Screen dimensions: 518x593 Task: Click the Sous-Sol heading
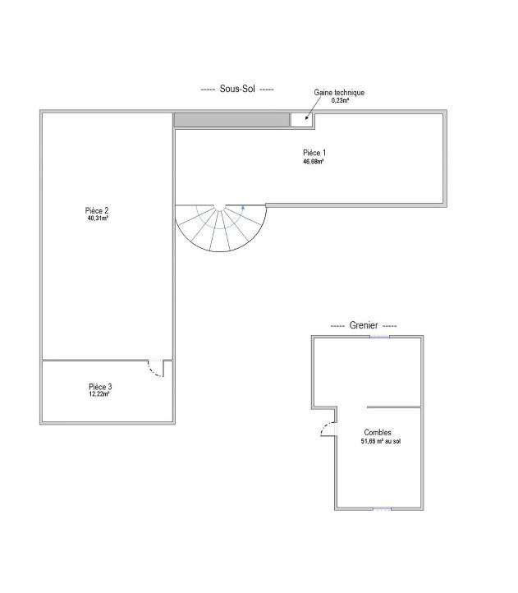pyautogui.click(x=237, y=89)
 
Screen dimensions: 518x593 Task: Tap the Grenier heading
pyautogui.click(x=364, y=325)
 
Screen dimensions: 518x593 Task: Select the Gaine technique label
pyautogui.click(x=339, y=92)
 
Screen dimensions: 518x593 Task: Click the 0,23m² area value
pyautogui.click(x=340, y=100)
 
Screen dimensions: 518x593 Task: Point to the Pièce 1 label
pyautogui.click(x=314, y=153)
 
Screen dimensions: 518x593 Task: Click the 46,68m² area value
pyautogui.click(x=313, y=162)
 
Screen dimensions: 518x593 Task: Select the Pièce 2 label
pyautogui.click(x=97, y=210)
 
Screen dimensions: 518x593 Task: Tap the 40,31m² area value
pyautogui.click(x=98, y=218)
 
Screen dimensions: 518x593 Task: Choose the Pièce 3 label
pyautogui.click(x=100, y=387)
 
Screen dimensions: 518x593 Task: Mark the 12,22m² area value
pyautogui.click(x=99, y=393)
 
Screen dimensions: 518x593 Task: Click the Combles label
pyautogui.click(x=378, y=432)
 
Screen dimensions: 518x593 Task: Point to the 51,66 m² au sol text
pyautogui.click(x=381, y=441)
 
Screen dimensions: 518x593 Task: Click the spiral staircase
pyautogui.click(x=221, y=228)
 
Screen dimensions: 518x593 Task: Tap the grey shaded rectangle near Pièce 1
pyautogui.click(x=231, y=120)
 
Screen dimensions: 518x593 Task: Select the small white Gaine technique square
pyautogui.click(x=301, y=120)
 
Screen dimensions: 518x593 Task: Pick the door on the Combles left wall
pyautogui.click(x=328, y=429)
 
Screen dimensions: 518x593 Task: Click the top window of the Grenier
pyautogui.click(x=379, y=337)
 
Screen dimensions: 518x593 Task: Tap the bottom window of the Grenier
pyautogui.click(x=382, y=509)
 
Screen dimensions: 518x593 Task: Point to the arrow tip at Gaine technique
pyautogui.click(x=306, y=119)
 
